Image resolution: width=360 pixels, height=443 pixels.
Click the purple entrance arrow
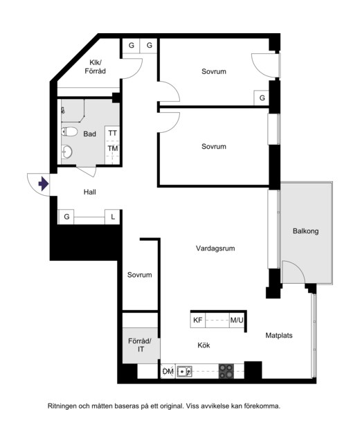click(x=43, y=183)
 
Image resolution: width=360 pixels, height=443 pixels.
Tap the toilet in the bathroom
click(x=69, y=132)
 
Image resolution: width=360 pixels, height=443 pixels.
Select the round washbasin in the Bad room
click(x=66, y=152)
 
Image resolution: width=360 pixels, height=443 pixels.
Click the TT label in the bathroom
click(x=112, y=133)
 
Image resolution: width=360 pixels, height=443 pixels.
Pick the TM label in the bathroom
click(x=112, y=148)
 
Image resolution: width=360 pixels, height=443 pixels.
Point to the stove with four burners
click(x=226, y=371)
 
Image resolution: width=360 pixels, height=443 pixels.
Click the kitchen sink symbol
click(x=185, y=371)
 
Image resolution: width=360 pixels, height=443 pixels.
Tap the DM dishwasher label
click(x=168, y=372)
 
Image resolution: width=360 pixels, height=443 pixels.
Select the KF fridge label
click(x=198, y=320)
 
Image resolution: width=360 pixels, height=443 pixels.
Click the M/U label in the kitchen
click(x=237, y=320)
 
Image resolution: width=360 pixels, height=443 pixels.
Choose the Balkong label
click(x=305, y=231)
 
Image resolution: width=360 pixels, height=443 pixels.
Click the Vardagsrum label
click(x=215, y=248)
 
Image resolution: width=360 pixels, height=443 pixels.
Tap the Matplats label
click(x=279, y=335)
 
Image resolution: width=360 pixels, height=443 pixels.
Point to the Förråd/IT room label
click(x=141, y=345)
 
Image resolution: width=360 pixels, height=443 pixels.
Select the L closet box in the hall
click(x=113, y=217)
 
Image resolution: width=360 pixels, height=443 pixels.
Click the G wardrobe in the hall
click(x=66, y=217)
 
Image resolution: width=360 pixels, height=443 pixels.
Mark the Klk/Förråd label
click(x=96, y=66)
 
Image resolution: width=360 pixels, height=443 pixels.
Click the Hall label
click(x=89, y=192)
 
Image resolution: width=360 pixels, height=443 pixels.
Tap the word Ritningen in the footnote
click(x=62, y=406)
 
